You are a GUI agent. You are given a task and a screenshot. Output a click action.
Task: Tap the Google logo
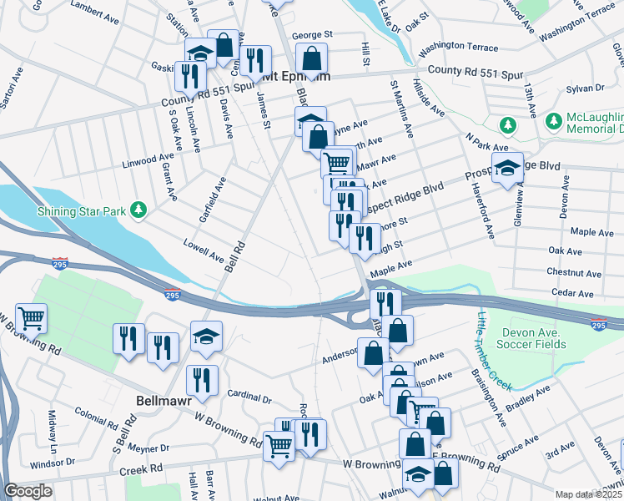click(x=28, y=491)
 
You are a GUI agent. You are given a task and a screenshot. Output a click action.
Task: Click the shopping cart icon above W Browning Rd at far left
click(x=31, y=317)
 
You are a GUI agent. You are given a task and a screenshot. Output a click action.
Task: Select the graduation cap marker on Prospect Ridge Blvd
click(x=507, y=167)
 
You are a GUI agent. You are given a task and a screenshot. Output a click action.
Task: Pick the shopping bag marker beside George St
click(x=311, y=58)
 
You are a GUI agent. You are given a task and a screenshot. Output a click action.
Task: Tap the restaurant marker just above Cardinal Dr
click(x=201, y=380)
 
